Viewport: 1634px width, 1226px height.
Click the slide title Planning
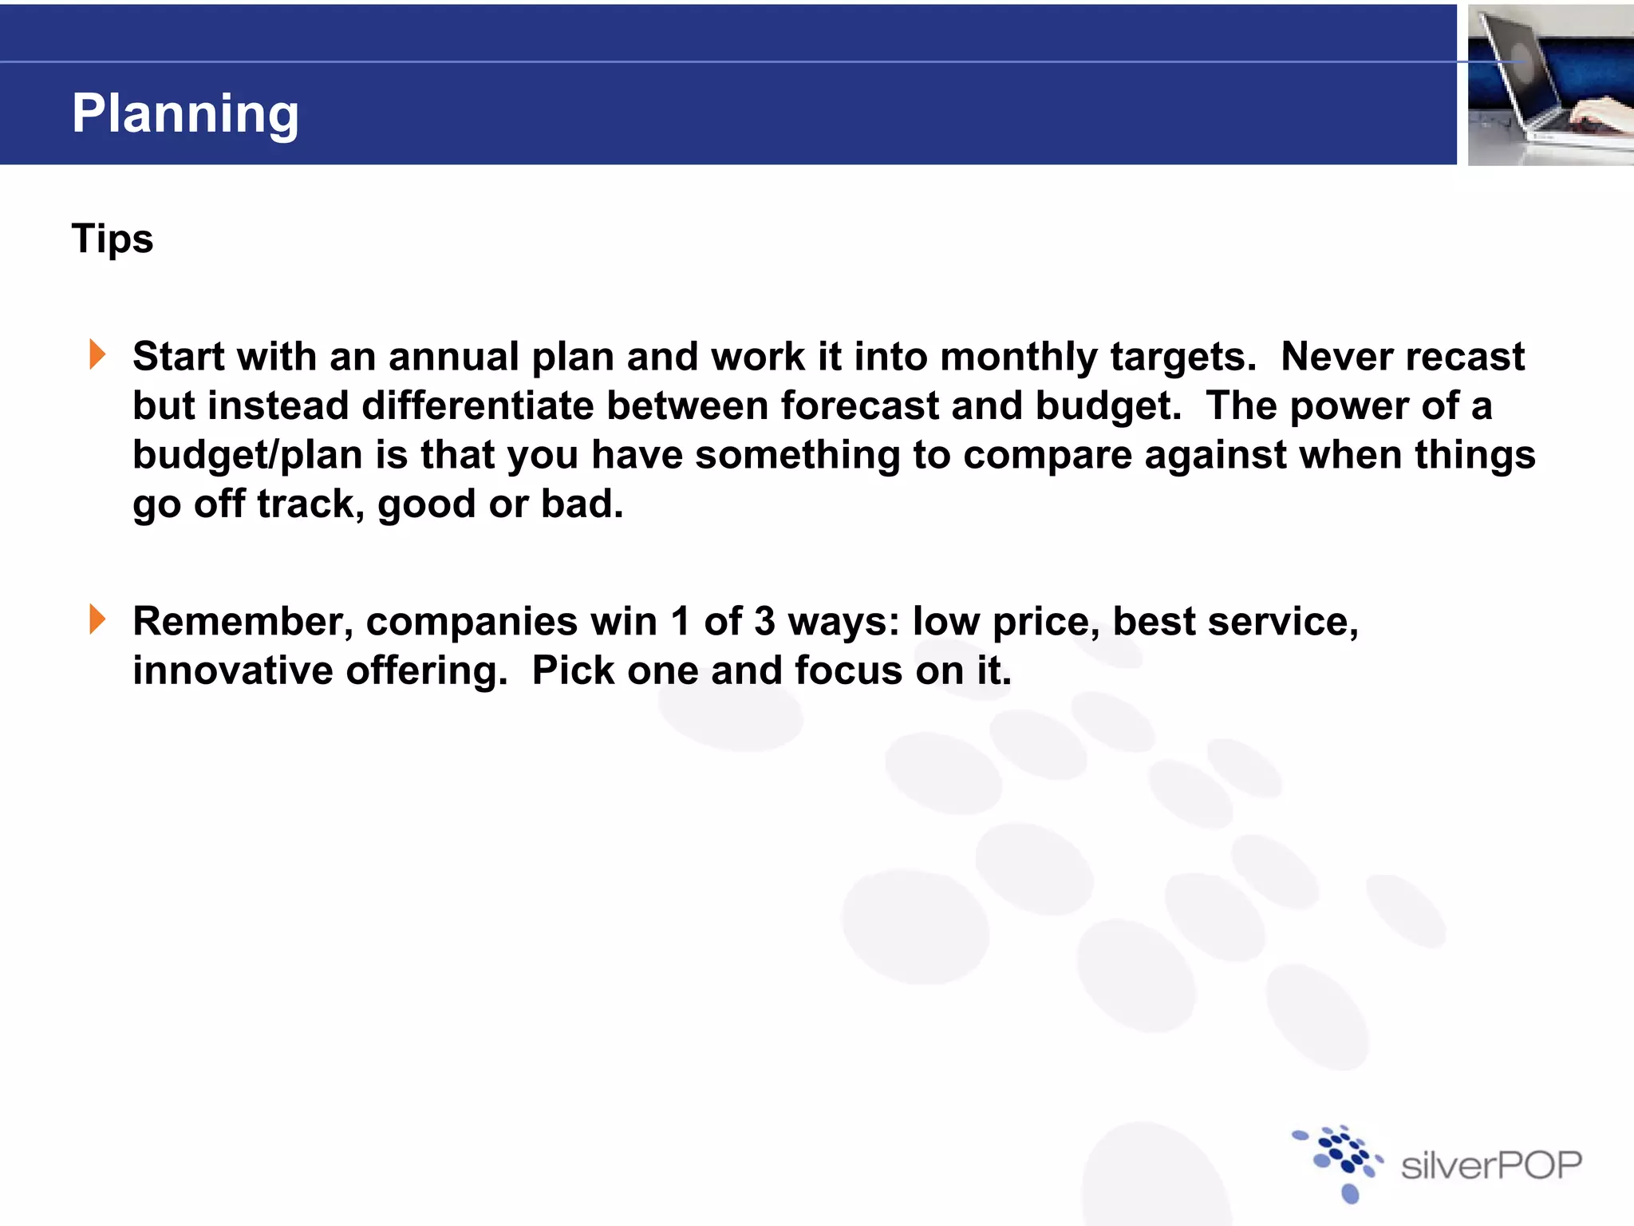coord(185,113)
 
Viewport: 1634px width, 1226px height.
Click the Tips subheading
coord(112,239)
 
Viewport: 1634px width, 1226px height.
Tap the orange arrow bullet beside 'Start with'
coord(97,354)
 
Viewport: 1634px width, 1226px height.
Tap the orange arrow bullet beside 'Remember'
coord(97,619)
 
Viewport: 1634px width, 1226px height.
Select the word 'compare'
coord(1047,456)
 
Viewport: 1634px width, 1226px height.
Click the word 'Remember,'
coord(243,622)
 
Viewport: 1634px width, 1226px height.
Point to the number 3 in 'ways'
coord(764,622)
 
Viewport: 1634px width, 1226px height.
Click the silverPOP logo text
coord(1490,1166)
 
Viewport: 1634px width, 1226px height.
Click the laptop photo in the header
coord(1550,85)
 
